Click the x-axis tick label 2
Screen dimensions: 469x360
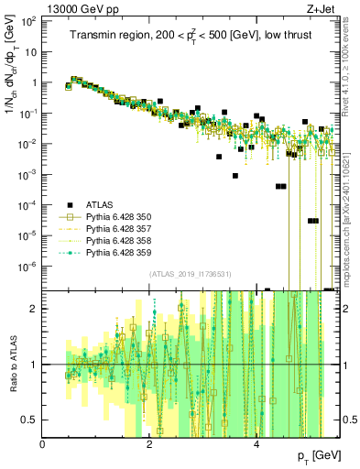(x=150, y=442)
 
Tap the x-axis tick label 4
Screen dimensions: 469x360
(x=257, y=442)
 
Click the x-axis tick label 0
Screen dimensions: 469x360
(x=43, y=442)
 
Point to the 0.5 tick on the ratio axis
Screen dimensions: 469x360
(x=31, y=420)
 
